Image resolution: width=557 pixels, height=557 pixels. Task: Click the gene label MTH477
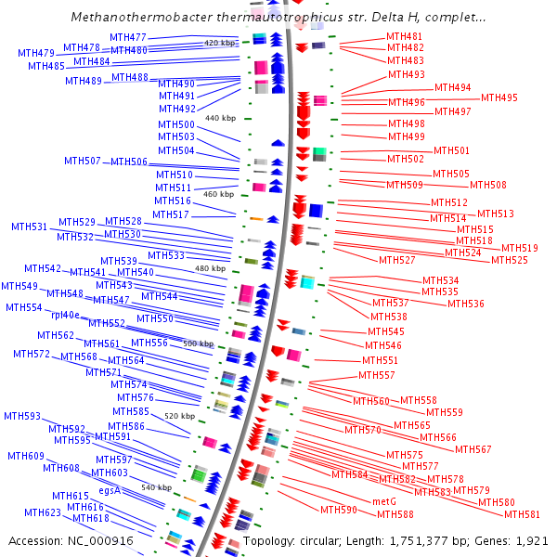[128, 37]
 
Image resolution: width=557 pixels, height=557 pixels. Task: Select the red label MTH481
[405, 36]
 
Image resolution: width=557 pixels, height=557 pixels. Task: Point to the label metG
[384, 501]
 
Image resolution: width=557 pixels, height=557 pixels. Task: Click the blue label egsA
[110, 489]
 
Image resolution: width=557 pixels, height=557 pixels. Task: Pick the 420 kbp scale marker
[221, 43]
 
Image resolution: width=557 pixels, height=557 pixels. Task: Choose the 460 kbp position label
[218, 194]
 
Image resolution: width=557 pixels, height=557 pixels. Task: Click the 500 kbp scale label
[198, 343]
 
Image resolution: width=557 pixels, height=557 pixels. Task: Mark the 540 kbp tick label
[156, 486]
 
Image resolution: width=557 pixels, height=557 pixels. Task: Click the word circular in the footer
[321, 540]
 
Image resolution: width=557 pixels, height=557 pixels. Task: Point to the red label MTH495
[499, 97]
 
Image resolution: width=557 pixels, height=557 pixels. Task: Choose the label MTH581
[521, 513]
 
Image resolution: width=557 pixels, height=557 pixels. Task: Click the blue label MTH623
[43, 512]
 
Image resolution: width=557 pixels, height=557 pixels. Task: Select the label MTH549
[19, 286]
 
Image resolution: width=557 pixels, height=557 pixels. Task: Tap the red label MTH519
[520, 248]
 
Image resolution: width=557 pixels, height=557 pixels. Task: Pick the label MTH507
[83, 161]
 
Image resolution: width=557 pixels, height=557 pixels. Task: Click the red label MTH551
[380, 360]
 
